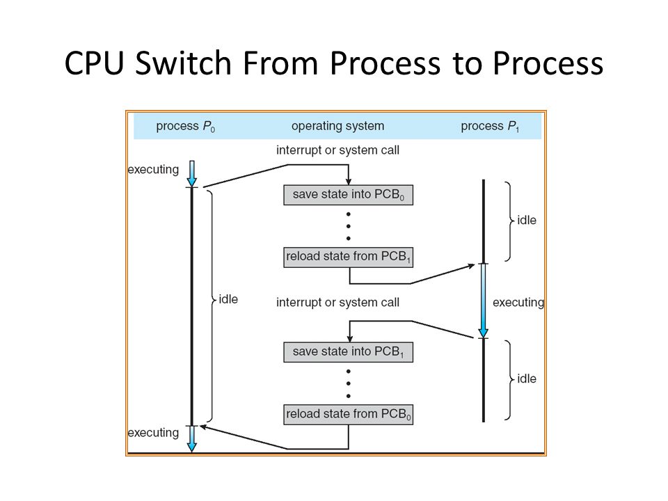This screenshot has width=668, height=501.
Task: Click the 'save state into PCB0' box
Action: click(x=348, y=195)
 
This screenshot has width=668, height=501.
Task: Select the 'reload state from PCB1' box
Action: click(x=348, y=257)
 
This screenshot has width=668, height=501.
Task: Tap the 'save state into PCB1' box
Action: click(x=348, y=352)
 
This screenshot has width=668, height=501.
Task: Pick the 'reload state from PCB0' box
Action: click(x=348, y=414)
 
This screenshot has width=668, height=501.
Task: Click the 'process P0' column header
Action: click(x=185, y=127)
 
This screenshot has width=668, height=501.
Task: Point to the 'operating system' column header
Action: click(x=338, y=126)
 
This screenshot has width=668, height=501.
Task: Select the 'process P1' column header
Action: click(x=490, y=127)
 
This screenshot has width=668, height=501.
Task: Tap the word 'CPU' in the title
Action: click(x=95, y=63)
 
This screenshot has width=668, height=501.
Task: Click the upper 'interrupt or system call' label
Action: click(x=338, y=150)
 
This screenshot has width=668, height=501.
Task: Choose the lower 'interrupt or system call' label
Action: click(x=338, y=303)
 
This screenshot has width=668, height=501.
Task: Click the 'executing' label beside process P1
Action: click(x=518, y=303)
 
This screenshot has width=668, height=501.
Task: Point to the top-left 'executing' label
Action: click(x=153, y=170)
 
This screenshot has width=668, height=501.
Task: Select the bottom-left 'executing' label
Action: click(x=153, y=433)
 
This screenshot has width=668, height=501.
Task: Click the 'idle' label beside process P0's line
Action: click(x=228, y=299)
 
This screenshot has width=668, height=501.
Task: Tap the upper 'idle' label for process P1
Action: click(x=527, y=221)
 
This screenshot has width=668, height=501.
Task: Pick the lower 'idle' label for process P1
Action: click(x=527, y=379)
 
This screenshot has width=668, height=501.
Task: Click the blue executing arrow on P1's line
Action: click(x=483, y=301)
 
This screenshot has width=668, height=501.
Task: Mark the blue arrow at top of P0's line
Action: click(x=192, y=174)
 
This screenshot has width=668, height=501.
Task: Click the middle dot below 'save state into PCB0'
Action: click(x=349, y=226)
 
